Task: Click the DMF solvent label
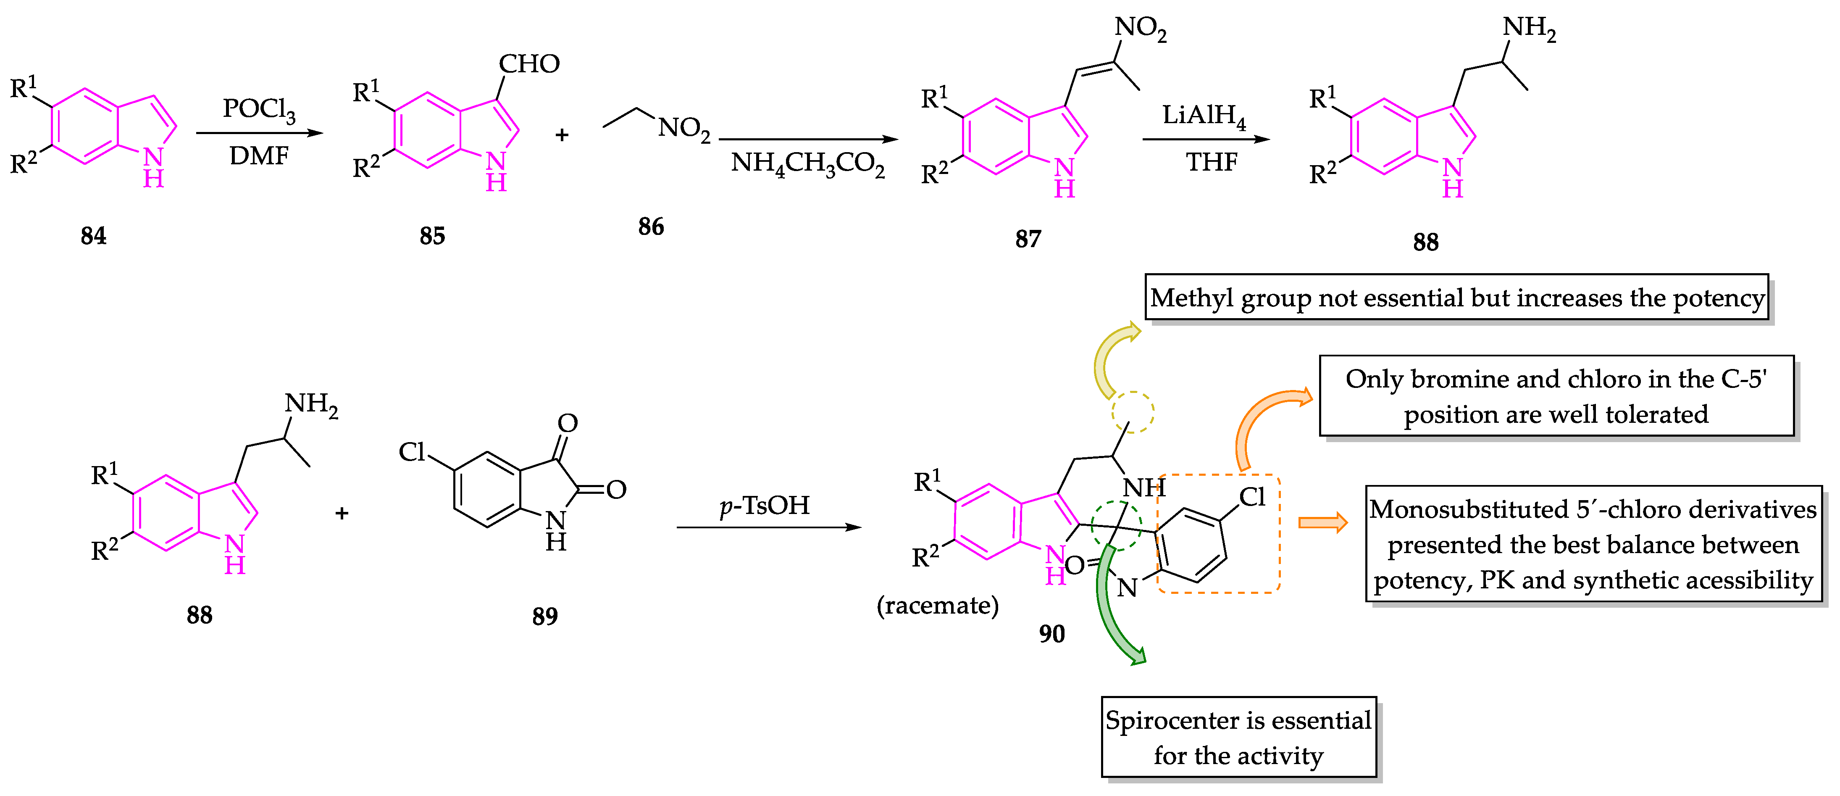pyautogui.click(x=259, y=156)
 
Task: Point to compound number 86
pyautogui.click(x=651, y=227)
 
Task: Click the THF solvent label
pyautogui.click(x=1212, y=162)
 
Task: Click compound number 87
pyautogui.click(x=1028, y=239)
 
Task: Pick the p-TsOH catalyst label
pyautogui.click(x=764, y=505)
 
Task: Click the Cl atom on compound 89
pyautogui.click(x=412, y=452)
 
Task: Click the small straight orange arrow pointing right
pyautogui.click(x=1322, y=523)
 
